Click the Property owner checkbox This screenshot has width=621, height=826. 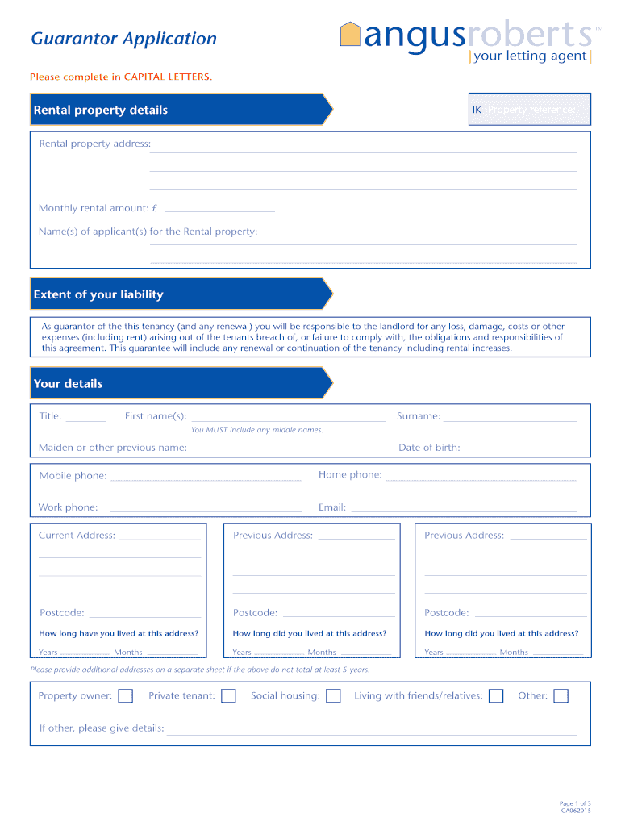[126, 696]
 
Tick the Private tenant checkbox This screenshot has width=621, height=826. [228, 696]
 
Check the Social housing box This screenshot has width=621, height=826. [333, 696]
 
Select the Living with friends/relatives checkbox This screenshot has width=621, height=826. [496, 696]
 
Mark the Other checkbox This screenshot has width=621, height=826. [561, 696]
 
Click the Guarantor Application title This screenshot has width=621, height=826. [123, 39]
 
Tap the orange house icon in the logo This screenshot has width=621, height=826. [350, 35]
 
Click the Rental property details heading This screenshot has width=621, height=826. [100, 110]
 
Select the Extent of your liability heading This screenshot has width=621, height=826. [98, 294]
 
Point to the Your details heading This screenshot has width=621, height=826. [68, 384]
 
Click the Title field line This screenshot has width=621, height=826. [85, 419]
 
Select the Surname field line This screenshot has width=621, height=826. [510, 419]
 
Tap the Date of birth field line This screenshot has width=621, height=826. [520, 450]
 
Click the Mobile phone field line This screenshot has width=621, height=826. [206, 478]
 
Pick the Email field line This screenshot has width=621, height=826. [464, 510]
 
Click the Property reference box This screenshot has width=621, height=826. [530, 110]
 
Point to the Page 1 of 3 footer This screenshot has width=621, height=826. [576, 803]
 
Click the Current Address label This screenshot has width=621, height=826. [77, 536]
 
